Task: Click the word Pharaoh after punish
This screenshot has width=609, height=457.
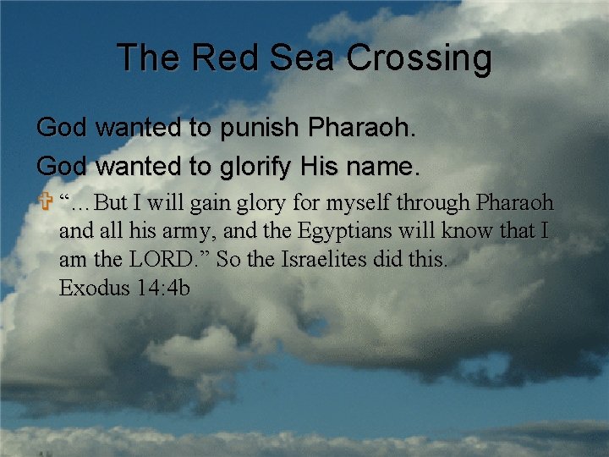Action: [362, 129]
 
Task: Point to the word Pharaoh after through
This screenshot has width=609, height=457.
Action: [515, 203]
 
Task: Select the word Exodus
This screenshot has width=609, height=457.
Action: [90, 289]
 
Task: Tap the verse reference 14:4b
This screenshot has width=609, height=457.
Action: [161, 289]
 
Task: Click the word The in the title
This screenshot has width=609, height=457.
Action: [149, 58]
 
